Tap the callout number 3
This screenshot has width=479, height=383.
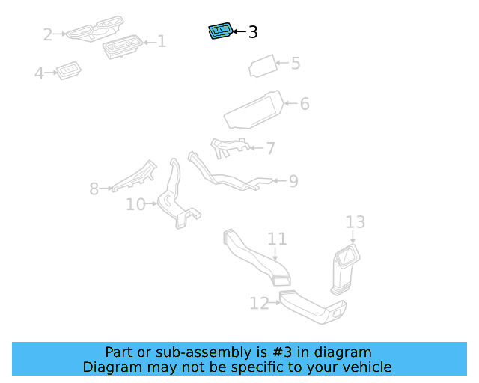click(x=253, y=32)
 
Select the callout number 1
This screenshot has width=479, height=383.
click(x=161, y=42)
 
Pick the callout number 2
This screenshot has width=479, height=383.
click(x=48, y=34)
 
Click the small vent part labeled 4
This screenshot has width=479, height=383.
click(x=69, y=71)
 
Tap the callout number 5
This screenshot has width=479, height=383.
click(x=296, y=64)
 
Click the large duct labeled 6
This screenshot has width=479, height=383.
click(x=254, y=111)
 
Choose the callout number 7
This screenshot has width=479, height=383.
click(x=270, y=148)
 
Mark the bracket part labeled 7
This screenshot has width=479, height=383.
click(x=228, y=147)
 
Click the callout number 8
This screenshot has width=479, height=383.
click(x=94, y=189)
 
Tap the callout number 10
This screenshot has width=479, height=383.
click(x=135, y=204)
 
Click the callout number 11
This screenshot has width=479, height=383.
click(x=278, y=239)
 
